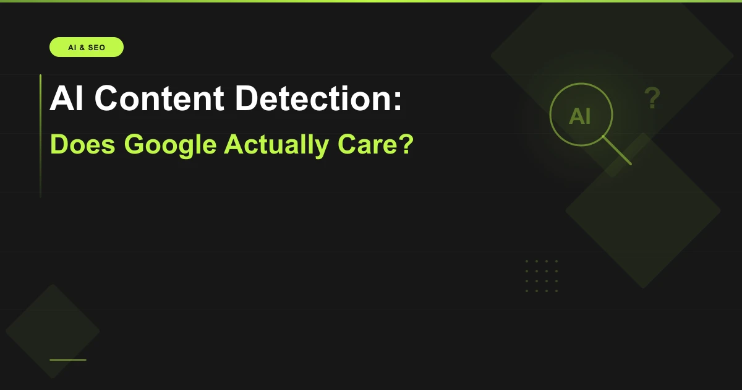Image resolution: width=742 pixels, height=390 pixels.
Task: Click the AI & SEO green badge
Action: (x=87, y=47)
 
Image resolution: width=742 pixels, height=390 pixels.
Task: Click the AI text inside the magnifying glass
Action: (x=579, y=116)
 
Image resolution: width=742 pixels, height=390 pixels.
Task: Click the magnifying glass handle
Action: (x=616, y=150)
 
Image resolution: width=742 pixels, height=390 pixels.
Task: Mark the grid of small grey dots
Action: (x=541, y=276)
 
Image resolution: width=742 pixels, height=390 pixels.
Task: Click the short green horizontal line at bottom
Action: (x=68, y=360)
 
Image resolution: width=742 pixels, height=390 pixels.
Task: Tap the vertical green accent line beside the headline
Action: (x=41, y=136)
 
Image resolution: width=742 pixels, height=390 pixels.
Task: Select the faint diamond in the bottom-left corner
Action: (x=52, y=331)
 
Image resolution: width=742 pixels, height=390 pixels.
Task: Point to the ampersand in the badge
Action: (x=81, y=48)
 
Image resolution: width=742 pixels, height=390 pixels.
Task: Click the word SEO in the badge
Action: (x=96, y=48)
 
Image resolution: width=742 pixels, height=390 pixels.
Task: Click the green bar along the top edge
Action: (x=371, y=1)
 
